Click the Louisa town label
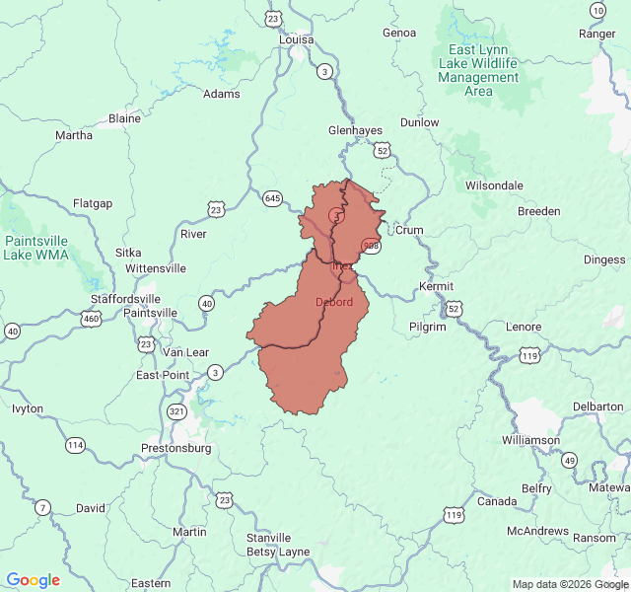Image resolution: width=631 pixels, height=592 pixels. (x=295, y=40)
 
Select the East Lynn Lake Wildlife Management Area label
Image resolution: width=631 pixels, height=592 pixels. (x=478, y=70)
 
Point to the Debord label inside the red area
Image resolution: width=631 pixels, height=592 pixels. (x=333, y=302)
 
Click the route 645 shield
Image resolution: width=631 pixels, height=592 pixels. (x=273, y=198)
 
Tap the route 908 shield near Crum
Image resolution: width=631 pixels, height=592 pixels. (x=371, y=246)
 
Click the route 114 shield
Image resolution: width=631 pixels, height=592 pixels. (x=76, y=445)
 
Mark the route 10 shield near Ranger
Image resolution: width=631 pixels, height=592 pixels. (x=597, y=10)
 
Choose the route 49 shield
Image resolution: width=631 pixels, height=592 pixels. (x=569, y=460)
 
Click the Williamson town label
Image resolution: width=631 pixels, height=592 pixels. (x=530, y=440)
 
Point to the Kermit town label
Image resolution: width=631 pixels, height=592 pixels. (x=436, y=286)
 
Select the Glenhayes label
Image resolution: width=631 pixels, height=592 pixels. (x=355, y=130)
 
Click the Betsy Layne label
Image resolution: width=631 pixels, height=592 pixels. (x=276, y=552)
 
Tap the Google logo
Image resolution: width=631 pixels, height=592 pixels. (x=34, y=580)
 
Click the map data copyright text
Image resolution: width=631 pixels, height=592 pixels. (x=570, y=584)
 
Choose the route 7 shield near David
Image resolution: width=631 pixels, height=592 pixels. (x=42, y=508)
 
